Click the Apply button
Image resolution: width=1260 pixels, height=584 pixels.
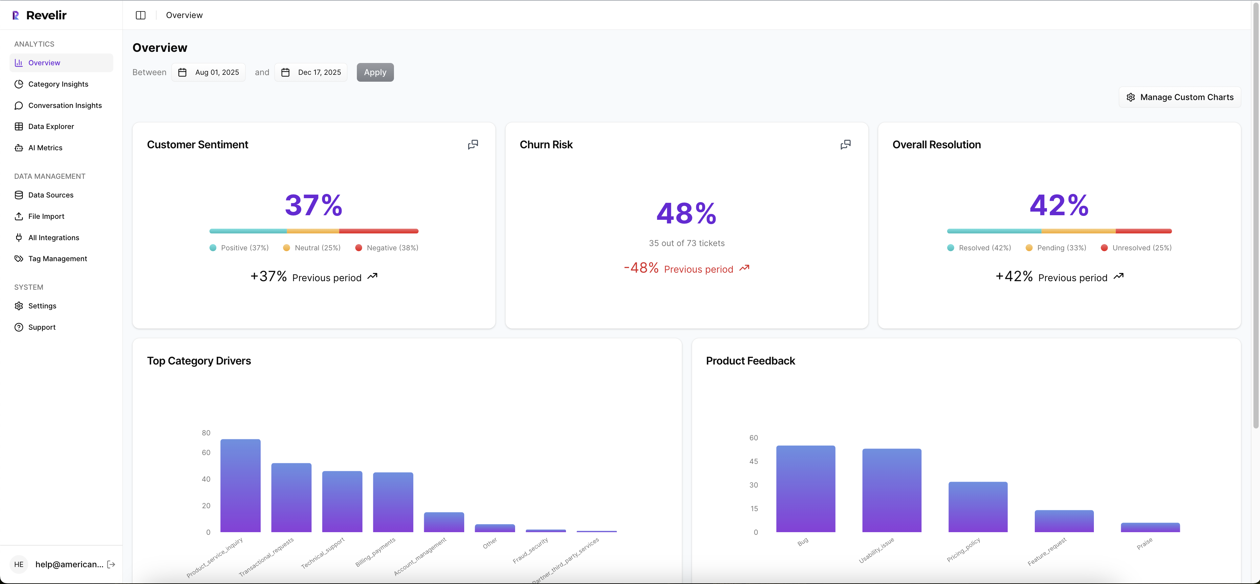tap(375, 72)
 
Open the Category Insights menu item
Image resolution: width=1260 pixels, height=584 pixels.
tap(58, 84)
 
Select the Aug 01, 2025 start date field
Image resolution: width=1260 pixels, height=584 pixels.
tap(209, 72)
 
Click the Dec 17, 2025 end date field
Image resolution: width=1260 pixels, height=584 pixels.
tap(312, 72)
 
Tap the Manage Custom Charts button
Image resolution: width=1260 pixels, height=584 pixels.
tap(1180, 97)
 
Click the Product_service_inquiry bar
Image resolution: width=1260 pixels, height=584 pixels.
tap(240, 485)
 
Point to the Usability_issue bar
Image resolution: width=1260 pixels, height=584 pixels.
tap(891, 490)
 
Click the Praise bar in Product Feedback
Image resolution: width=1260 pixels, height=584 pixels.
tap(1150, 527)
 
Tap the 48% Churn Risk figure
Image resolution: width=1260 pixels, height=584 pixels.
tap(686, 214)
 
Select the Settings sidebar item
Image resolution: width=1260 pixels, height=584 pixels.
tap(42, 306)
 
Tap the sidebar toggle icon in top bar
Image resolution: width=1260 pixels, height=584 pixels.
tap(141, 15)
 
